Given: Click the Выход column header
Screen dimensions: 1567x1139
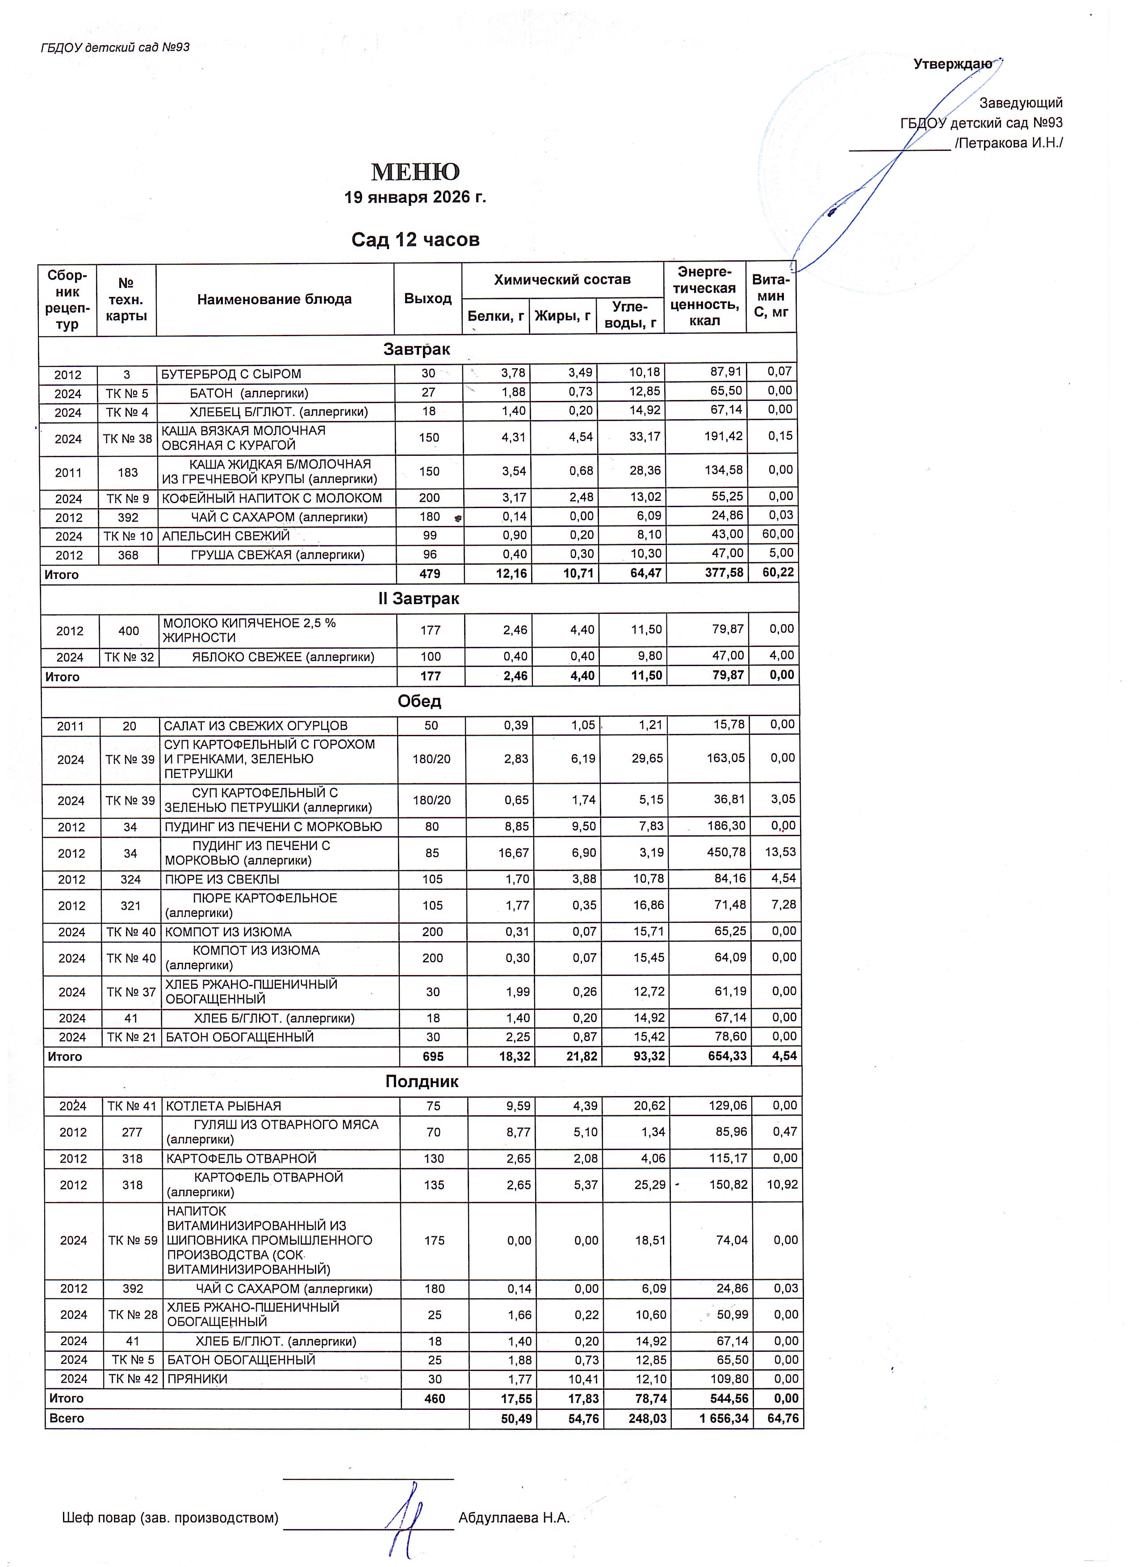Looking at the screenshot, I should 428,299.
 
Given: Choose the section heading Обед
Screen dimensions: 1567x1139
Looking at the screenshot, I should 419,701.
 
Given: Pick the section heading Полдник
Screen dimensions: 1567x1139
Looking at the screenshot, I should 422,1081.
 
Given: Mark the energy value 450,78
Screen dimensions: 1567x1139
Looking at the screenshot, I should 726,853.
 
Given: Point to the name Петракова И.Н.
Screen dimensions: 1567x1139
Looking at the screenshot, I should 1009,143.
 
